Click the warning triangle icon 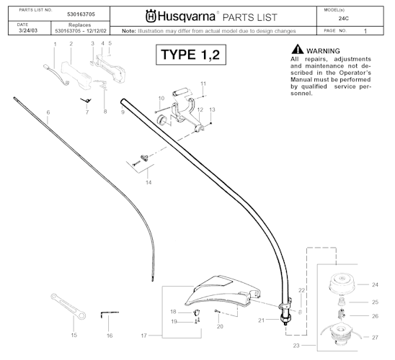pyautogui.click(x=296, y=49)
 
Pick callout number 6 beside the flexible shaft pyautogui.click(x=48, y=112)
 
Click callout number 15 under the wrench pyautogui.click(x=74, y=335)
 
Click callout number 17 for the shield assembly pyautogui.click(x=144, y=335)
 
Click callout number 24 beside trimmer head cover pyautogui.click(x=374, y=284)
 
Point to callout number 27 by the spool pyautogui.click(x=374, y=337)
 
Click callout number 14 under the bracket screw pyautogui.click(x=148, y=183)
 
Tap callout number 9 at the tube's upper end pyautogui.click(x=123, y=112)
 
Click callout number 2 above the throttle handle pyautogui.click(x=71, y=44)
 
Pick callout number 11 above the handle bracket pyautogui.click(x=203, y=84)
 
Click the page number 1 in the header pyautogui.click(x=365, y=32)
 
